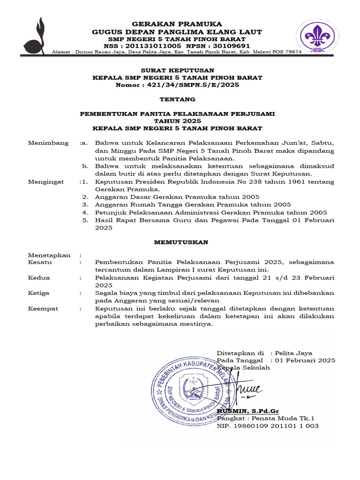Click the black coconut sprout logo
(36, 36)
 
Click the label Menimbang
(48, 143)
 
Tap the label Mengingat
(46, 181)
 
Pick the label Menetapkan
(49, 255)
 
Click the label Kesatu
(40, 262)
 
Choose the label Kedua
(39, 277)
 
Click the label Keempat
(43, 308)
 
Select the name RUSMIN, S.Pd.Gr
(247, 411)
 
